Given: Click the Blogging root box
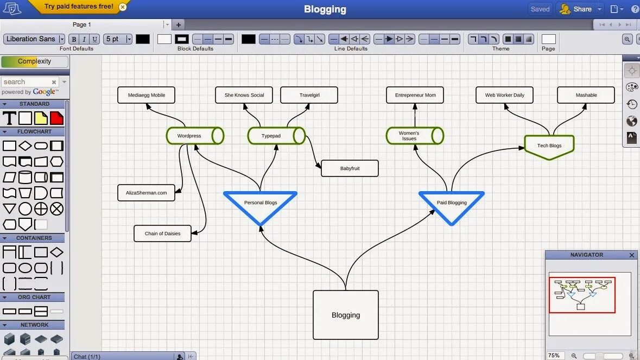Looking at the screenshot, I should tap(345, 314).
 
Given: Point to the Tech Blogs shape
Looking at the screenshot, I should tap(549, 146).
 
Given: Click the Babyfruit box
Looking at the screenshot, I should tap(350, 168).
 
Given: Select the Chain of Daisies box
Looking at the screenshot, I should tap(162, 233).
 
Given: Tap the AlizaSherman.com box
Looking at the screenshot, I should tap(146, 193).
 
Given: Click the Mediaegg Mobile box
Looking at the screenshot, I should tap(147, 95).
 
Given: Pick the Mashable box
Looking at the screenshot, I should tap(586, 95).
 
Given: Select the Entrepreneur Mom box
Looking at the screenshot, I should tap(415, 95).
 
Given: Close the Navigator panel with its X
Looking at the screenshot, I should tap(632, 255).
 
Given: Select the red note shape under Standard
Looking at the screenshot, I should tap(57, 118).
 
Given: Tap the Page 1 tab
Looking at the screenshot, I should tap(82, 24).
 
